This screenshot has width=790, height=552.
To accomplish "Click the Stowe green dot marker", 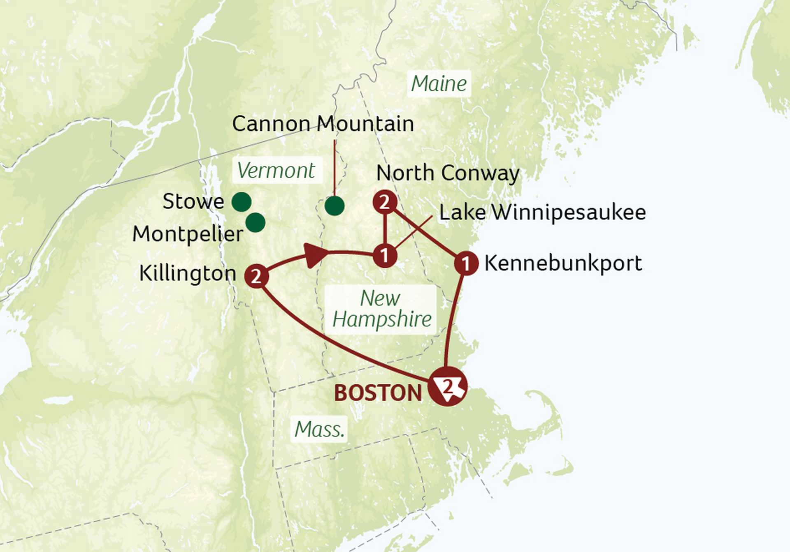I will pyautogui.click(x=242, y=202).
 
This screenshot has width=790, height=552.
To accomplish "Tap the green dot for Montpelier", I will pyautogui.click(x=255, y=222).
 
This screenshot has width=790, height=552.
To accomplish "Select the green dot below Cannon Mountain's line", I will pyautogui.click(x=334, y=206).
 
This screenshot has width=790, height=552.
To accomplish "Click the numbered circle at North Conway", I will pyautogui.click(x=385, y=202).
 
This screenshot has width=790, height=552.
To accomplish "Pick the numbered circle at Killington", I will pyautogui.click(x=256, y=276).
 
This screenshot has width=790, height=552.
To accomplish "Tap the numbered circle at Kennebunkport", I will pyautogui.click(x=466, y=263).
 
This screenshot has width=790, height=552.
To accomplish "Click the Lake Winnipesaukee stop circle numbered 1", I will pyautogui.click(x=385, y=255).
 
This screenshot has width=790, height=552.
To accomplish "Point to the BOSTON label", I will pyautogui.click(x=378, y=393).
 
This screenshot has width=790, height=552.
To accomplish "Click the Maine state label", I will pyautogui.click(x=439, y=84).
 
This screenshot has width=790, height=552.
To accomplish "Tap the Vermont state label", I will pyautogui.click(x=276, y=171).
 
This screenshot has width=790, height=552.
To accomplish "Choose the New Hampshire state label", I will pyautogui.click(x=381, y=309).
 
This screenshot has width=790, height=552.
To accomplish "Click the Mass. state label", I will pyautogui.click(x=319, y=430).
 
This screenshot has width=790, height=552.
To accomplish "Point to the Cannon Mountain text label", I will pyautogui.click(x=323, y=124).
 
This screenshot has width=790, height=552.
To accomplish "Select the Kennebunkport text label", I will pyautogui.click(x=563, y=263).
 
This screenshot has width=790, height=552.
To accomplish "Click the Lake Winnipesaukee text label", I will pyautogui.click(x=542, y=212).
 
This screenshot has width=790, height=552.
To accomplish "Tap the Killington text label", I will pyautogui.click(x=188, y=273).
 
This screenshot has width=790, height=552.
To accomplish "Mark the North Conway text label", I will pyautogui.click(x=448, y=173).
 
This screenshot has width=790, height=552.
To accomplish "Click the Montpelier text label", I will pyautogui.click(x=188, y=234).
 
